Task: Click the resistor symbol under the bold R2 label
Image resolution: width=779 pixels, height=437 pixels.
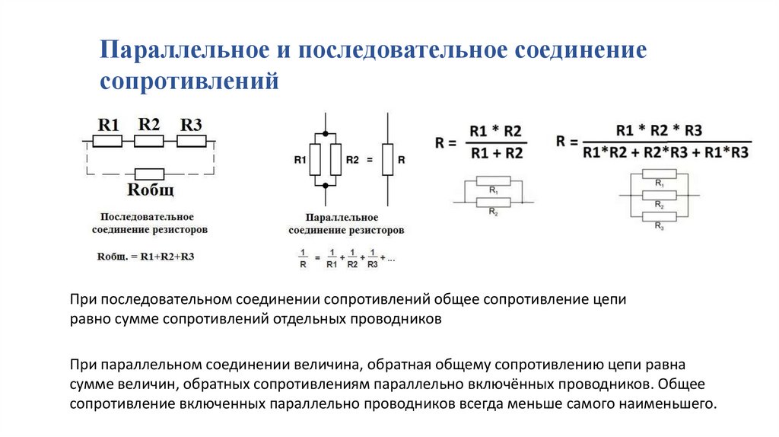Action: (x=149, y=141)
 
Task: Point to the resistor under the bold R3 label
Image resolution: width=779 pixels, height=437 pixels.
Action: (x=191, y=141)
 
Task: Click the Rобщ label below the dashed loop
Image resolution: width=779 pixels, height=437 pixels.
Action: (x=149, y=189)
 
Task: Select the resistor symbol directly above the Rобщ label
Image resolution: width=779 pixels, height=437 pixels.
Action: (x=149, y=173)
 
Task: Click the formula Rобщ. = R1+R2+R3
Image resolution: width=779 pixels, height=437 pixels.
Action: (x=145, y=256)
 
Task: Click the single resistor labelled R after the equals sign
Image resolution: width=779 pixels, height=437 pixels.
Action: (x=386, y=160)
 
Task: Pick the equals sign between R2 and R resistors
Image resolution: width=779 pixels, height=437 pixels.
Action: (x=370, y=161)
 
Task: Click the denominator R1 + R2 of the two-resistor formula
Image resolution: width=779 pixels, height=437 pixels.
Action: (x=497, y=154)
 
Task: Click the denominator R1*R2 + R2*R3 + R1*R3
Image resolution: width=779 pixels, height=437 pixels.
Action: (x=666, y=153)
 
